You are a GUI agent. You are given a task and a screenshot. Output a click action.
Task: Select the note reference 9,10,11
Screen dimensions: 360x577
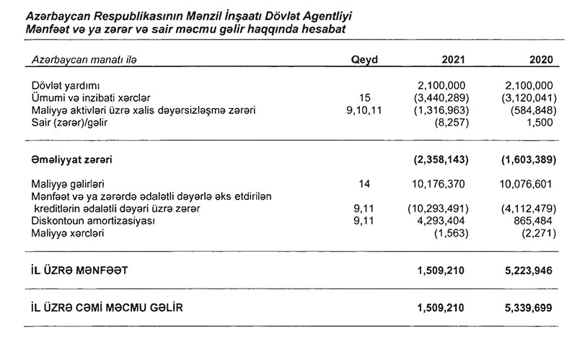[x=364, y=110]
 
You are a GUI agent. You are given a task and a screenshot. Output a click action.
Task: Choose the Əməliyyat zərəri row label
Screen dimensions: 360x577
[x=71, y=157]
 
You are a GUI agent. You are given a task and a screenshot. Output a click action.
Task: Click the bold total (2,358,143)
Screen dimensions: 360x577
[x=439, y=157]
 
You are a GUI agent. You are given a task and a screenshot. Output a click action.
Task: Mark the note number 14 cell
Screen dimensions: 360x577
[x=364, y=185]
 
